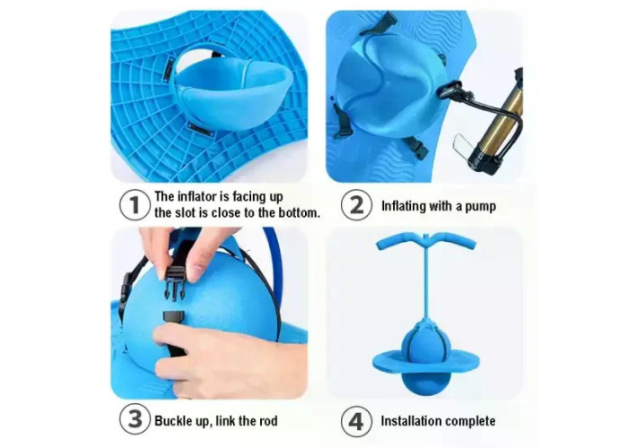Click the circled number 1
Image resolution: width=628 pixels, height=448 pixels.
[x=135, y=205]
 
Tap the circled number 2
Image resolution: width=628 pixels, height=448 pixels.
[x=356, y=205]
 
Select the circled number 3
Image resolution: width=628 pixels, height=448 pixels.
[x=135, y=419]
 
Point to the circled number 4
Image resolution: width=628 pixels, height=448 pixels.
[x=356, y=421]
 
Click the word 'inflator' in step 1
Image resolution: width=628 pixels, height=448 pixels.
[x=197, y=196]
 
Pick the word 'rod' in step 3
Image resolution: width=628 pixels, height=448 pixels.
[x=267, y=421]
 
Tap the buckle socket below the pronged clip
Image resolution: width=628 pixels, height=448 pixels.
[x=174, y=316]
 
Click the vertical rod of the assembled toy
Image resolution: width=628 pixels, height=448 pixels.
[x=427, y=280]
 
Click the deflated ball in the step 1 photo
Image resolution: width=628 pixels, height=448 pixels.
[x=233, y=92]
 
